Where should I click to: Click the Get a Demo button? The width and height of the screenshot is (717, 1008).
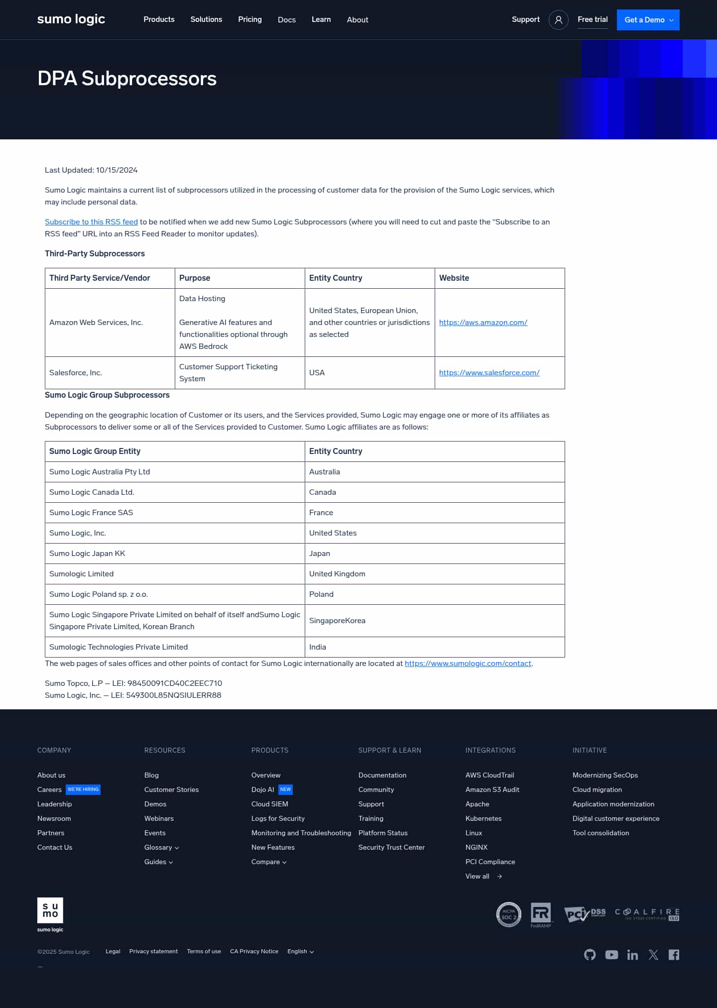click(x=648, y=20)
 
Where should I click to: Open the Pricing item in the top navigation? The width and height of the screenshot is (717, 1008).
click(x=250, y=19)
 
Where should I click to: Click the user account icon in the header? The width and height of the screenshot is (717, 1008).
click(x=558, y=20)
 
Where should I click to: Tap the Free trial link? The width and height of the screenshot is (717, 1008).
click(x=593, y=19)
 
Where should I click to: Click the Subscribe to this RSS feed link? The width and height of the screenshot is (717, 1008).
click(x=91, y=222)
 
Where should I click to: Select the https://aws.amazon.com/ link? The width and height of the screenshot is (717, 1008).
click(x=483, y=323)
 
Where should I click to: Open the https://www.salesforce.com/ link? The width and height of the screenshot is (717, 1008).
click(x=489, y=373)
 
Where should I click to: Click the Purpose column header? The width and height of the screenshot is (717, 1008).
click(x=195, y=278)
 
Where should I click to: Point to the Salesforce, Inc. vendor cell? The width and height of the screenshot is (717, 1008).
click(x=76, y=373)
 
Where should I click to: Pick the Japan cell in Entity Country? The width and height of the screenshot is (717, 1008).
click(x=320, y=554)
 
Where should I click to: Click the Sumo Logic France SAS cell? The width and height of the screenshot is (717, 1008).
click(x=91, y=513)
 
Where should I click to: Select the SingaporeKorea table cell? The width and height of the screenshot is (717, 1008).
click(x=337, y=621)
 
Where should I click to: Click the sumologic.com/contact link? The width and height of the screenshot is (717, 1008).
click(x=468, y=664)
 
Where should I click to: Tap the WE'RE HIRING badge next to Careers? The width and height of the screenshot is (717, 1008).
click(x=83, y=789)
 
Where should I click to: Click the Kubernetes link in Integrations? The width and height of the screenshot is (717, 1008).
click(x=483, y=818)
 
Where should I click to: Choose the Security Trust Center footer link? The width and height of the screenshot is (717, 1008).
click(x=391, y=847)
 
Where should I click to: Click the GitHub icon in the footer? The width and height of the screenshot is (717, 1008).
click(x=590, y=954)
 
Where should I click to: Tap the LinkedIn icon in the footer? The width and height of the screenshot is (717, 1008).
click(x=632, y=954)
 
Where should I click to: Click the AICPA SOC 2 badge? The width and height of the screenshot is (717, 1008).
click(x=508, y=914)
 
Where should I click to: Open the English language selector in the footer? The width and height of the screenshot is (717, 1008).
click(x=300, y=951)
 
